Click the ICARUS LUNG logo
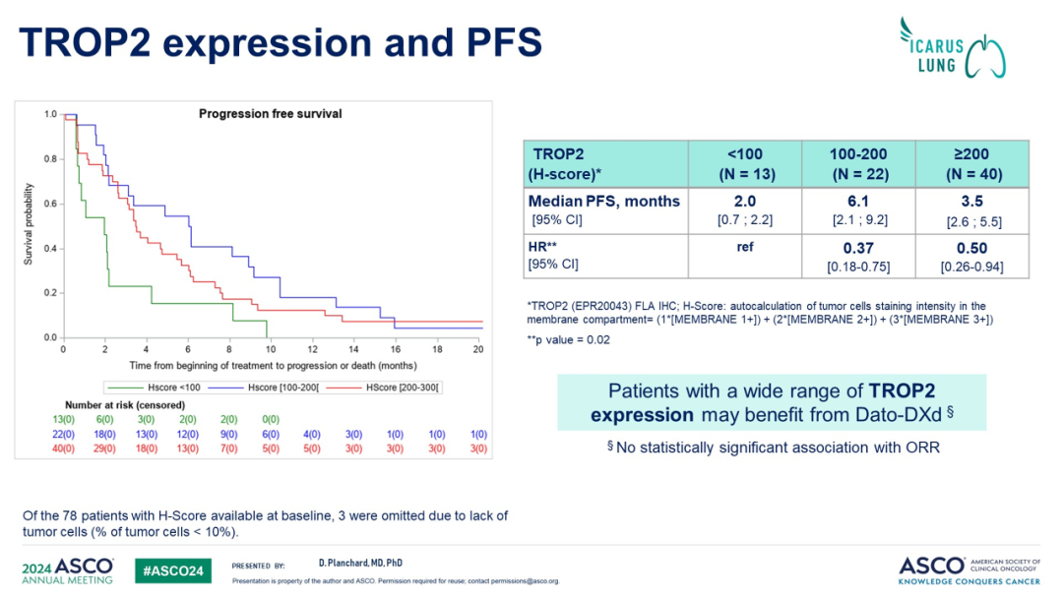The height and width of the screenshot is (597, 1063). coord(955,46)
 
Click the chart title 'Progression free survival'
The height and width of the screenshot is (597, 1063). coord(270,114)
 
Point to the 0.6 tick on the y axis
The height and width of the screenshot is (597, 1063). coord(50,204)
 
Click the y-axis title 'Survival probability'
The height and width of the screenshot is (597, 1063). coord(29,225)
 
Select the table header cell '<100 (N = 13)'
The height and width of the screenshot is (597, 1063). coord(745,163)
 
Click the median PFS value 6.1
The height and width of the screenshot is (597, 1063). coord(858,201)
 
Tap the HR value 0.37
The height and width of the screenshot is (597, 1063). coord(858,249)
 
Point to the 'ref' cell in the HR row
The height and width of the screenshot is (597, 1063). coord(745,248)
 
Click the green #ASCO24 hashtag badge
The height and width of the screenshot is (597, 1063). coord(172,569)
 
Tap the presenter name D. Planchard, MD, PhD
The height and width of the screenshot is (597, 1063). coord(360,564)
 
